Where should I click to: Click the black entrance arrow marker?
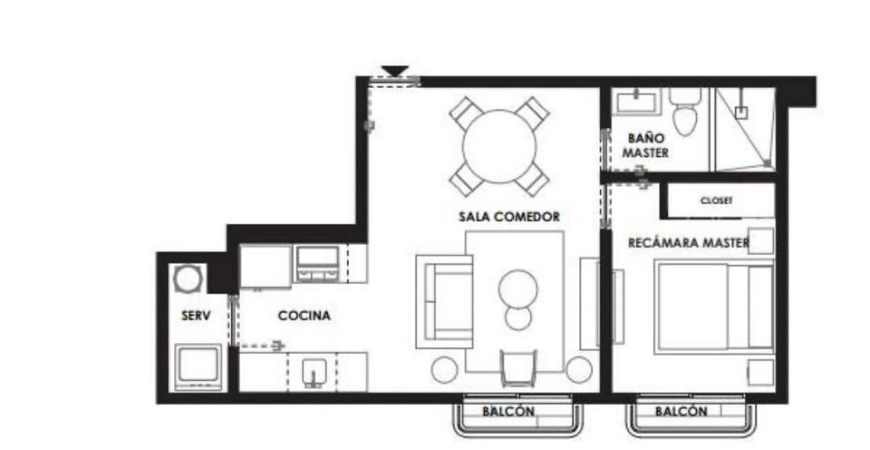point(395,71)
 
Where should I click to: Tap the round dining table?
point(499,147)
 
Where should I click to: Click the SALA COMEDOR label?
point(509,217)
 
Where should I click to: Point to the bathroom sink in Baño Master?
point(636,102)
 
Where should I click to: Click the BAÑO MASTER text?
point(645,145)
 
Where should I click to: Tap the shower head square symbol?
point(740,112)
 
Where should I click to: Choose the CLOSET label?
point(716,201)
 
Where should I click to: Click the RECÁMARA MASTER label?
point(689,243)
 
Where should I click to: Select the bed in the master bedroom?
point(715,306)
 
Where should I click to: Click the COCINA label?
point(304,316)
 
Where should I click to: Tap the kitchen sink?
point(314,372)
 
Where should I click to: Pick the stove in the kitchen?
point(317,263)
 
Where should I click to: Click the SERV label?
point(196,316)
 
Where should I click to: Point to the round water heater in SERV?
point(187,279)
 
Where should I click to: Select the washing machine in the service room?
point(198,367)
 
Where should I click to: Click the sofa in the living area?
point(445,302)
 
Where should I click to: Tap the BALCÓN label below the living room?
point(508,412)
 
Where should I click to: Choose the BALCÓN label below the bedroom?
point(681,412)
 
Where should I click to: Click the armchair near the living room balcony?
point(518,367)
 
